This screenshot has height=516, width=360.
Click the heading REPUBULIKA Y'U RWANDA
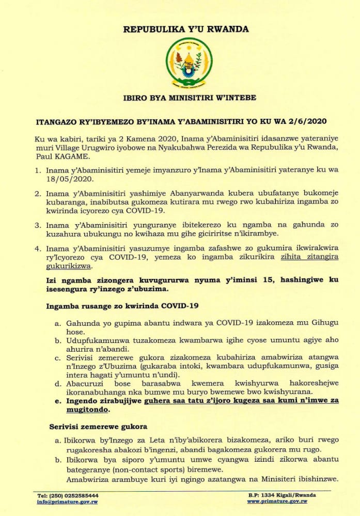186,29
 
